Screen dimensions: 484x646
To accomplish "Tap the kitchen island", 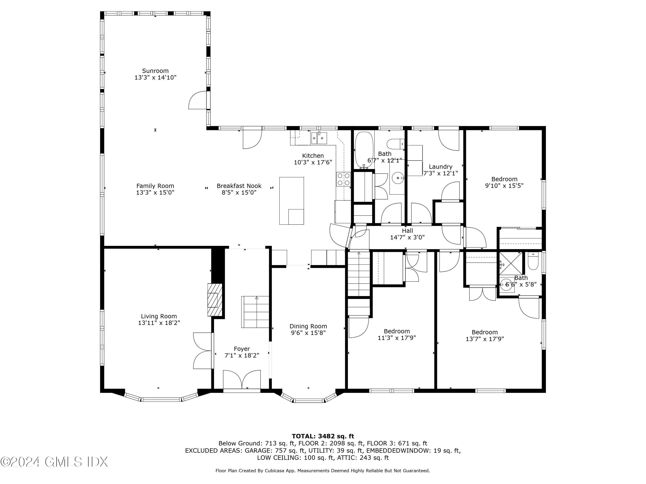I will point(292,201).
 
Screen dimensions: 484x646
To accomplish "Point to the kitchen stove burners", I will point(343,179).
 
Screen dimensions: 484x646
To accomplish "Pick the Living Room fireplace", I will point(214,300).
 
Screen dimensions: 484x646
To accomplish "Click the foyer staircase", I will point(255,312).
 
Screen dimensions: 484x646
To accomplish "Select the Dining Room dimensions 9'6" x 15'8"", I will point(308,333).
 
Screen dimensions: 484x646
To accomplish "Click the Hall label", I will point(407,231).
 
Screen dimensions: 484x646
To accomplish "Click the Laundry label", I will point(440,166).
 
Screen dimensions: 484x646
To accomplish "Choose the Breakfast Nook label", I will point(239,186).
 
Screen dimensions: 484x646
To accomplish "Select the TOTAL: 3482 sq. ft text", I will point(323,436).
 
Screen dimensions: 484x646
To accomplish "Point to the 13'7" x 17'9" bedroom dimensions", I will point(484,339).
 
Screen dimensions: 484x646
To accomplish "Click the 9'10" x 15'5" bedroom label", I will point(504,179).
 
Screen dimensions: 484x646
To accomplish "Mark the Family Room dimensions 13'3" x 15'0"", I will point(155,193).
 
